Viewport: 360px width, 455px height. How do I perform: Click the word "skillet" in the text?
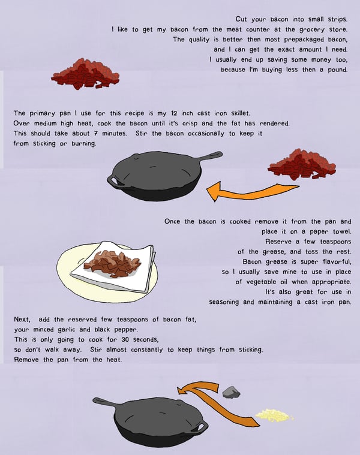tap(241, 113)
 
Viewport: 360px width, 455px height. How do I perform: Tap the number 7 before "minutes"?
tap(96, 134)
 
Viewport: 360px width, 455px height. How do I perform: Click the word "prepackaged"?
tap(304, 40)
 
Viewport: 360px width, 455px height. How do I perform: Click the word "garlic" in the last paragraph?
tap(67, 330)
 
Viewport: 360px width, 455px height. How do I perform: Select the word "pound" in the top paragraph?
tap(338, 70)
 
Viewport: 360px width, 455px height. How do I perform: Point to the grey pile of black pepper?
tap(231, 392)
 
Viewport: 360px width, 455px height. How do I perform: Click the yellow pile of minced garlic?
tap(274, 415)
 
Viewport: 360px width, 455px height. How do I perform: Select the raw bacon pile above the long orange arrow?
tap(302, 165)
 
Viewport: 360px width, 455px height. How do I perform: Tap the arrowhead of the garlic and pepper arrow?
tap(183, 390)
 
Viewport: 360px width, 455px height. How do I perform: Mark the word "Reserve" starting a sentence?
tap(278, 242)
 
